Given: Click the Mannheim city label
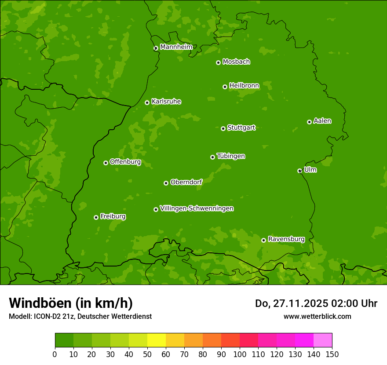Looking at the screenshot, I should (x=176, y=47).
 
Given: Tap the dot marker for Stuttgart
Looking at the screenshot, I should (x=223, y=128).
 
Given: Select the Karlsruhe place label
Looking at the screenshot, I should (x=166, y=102).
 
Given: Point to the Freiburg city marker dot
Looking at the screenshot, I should (x=96, y=217).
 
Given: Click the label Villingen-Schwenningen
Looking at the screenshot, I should (x=197, y=208).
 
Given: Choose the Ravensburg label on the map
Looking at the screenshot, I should (x=286, y=239).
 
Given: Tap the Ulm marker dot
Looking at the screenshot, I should (x=299, y=171).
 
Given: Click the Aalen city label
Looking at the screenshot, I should (x=322, y=121).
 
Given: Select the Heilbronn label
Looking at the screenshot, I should (x=244, y=86).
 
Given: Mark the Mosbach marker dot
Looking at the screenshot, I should (x=218, y=62).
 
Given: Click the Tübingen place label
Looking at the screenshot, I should (x=230, y=156).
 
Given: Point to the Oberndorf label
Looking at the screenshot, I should (x=186, y=182).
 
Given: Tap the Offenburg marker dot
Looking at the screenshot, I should (x=106, y=163).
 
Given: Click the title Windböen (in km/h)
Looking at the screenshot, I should (x=70, y=303).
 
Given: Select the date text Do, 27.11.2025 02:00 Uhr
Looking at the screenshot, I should (x=316, y=303).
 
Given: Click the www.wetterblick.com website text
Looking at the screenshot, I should (x=317, y=316).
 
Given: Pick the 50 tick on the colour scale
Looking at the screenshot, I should (x=147, y=354).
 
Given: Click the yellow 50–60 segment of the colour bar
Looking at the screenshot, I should (x=157, y=340).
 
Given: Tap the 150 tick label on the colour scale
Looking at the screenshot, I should (x=332, y=354).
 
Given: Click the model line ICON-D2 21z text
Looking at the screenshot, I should (x=80, y=316).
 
